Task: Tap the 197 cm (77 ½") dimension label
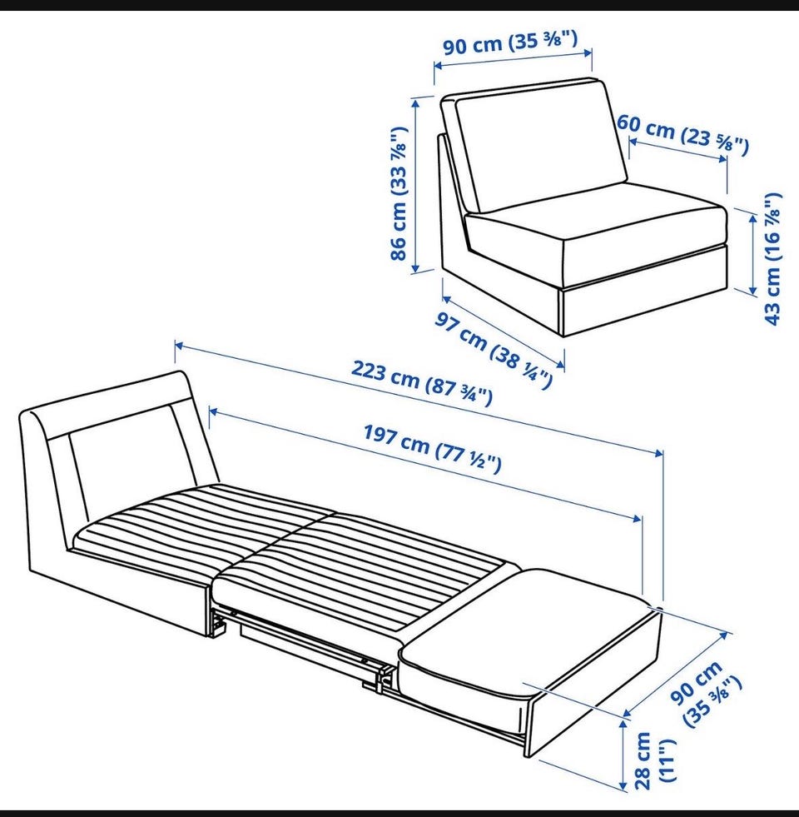[x=432, y=449]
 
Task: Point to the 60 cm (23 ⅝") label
[x=682, y=135]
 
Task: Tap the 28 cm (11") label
[x=653, y=760]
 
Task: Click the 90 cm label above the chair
[x=510, y=42]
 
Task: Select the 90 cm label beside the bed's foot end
[x=706, y=693]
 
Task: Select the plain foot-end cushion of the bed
[x=526, y=625]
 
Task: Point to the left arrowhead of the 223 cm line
[x=179, y=345]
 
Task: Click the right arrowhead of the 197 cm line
[x=637, y=518]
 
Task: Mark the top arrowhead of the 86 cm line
[x=415, y=102]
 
